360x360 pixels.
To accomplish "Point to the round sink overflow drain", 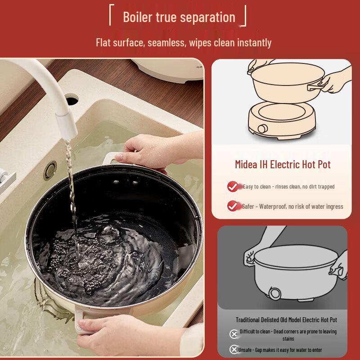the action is pyautogui.click(x=50, y=171).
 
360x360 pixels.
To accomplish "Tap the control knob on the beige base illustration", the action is pyautogui.click(x=262, y=129).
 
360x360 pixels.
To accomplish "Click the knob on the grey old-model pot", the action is pyautogui.click(x=274, y=293).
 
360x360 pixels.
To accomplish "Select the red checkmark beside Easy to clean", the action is pyautogui.click(x=233, y=186).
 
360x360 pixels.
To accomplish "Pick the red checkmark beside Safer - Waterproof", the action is pyautogui.click(x=233, y=206).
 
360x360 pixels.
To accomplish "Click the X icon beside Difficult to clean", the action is pyautogui.click(x=234, y=334).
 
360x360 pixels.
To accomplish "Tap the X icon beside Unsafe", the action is pyautogui.click(x=234, y=350).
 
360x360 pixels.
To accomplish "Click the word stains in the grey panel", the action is pyautogui.click(x=288, y=339).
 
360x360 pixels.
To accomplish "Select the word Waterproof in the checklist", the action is pyautogui.click(x=273, y=207).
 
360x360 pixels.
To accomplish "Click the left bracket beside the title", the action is pyautogui.click(x=111, y=15).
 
